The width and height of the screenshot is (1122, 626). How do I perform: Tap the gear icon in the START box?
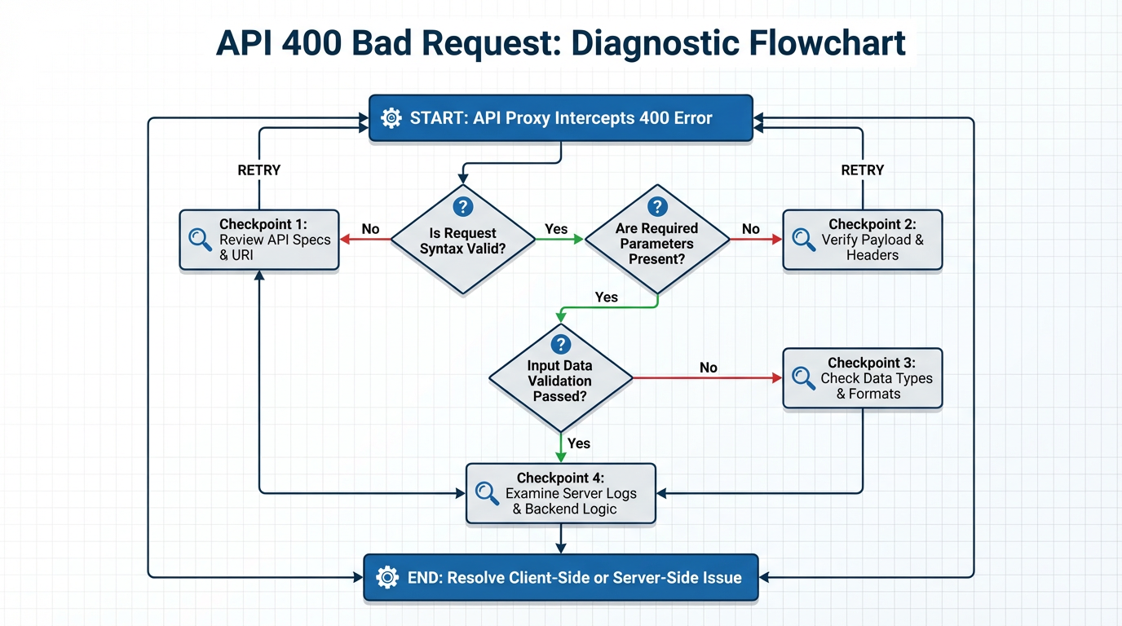click(391, 118)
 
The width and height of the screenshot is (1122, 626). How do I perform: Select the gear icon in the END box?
click(387, 578)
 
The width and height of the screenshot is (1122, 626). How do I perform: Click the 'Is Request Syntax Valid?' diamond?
click(462, 240)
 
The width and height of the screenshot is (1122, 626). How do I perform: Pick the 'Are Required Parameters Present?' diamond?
click(656, 241)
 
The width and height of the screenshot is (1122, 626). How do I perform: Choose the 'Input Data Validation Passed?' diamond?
click(560, 379)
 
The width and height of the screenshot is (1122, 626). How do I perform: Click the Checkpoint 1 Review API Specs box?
click(258, 240)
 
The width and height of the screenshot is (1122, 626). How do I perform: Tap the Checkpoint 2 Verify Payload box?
click(862, 240)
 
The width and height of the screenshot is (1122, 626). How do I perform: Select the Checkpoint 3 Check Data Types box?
click(862, 378)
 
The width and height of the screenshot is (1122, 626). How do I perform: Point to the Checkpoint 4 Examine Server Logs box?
click(560, 493)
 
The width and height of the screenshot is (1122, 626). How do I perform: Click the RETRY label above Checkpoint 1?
click(258, 170)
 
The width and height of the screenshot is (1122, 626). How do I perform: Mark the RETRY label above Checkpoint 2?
click(862, 170)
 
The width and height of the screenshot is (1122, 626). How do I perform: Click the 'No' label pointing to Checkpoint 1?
click(370, 229)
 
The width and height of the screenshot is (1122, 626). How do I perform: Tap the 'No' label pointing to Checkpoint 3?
click(709, 368)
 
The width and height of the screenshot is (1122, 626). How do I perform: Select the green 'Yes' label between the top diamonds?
click(556, 229)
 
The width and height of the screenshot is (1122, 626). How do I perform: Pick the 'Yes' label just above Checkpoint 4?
click(579, 443)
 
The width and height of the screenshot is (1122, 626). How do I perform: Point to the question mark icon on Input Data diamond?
click(560, 344)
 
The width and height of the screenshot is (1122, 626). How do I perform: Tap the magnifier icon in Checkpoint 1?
click(200, 239)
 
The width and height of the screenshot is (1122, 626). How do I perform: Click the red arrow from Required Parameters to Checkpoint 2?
click(756, 240)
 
